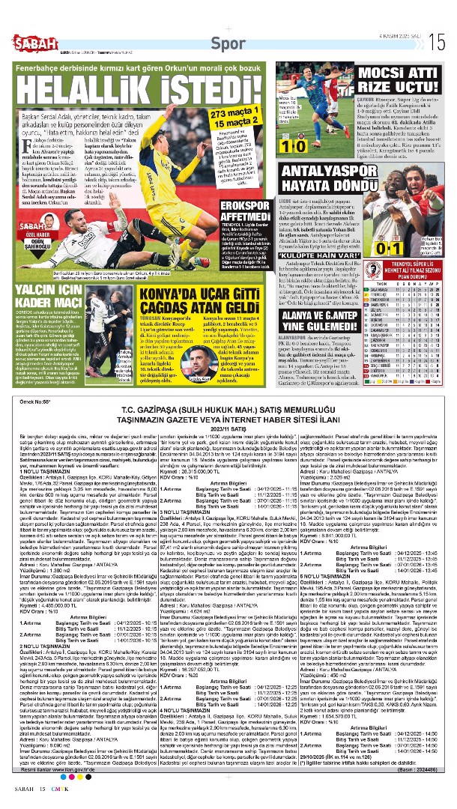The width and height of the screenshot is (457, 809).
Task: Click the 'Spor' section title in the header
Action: point(228,43)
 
